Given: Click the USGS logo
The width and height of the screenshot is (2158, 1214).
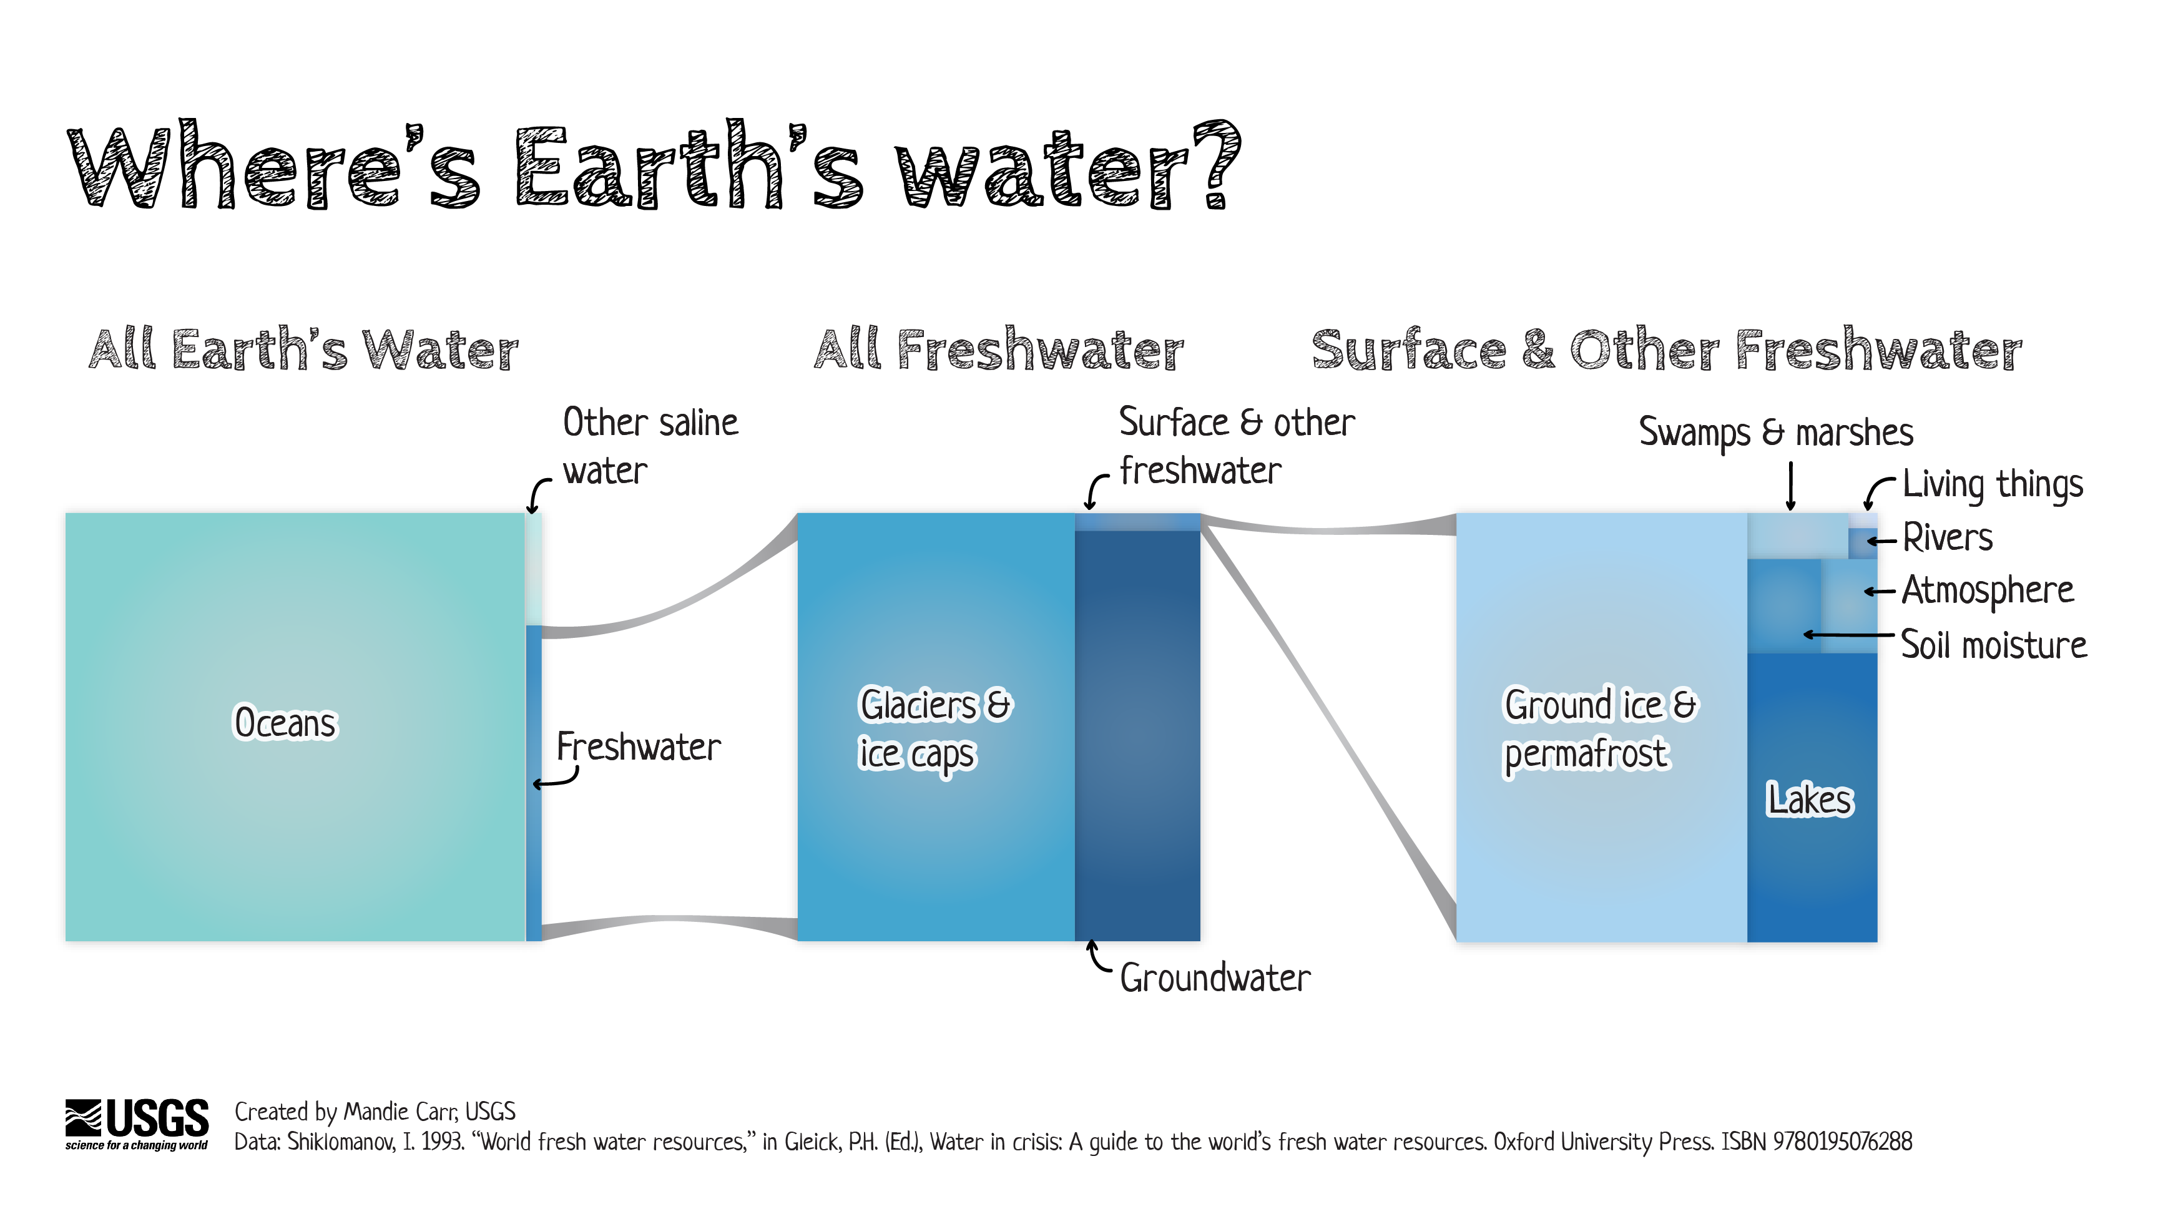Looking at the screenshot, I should point(137,1123).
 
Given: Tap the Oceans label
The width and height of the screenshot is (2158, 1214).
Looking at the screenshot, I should point(285,722).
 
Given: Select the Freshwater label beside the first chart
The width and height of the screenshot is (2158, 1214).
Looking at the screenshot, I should point(639,747).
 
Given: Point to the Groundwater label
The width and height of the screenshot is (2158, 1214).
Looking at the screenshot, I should point(1215,977).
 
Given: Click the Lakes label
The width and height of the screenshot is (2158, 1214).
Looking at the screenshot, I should point(1810,800).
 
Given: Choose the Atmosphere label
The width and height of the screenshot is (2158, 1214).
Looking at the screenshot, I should point(1987,590).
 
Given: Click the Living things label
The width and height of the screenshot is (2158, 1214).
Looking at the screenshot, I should point(1992,484).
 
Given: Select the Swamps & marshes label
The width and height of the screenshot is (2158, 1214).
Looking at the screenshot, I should point(1776,433).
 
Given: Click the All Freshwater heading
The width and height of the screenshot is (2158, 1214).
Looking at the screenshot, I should point(999,350).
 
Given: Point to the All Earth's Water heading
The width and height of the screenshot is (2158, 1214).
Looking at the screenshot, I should point(303,350).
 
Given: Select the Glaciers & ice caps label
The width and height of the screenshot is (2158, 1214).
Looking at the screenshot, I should point(934,729).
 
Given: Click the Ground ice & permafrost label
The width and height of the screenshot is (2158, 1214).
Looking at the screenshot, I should point(1599,729).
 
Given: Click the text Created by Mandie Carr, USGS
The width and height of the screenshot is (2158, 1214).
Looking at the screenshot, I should point(375,1112).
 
